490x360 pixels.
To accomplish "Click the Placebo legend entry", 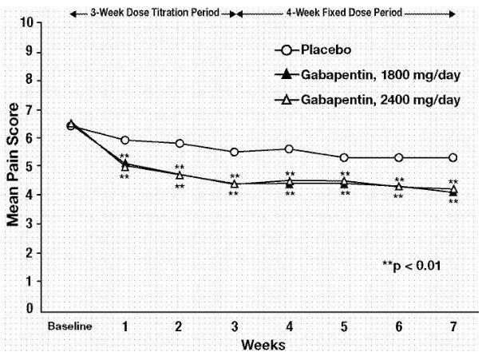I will click(324, 50).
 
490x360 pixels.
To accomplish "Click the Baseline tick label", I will click(70, 326).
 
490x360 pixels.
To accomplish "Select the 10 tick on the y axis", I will click(29, 22).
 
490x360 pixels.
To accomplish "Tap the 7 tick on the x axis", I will click(453, 326).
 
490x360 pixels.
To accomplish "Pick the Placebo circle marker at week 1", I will click(125, 140).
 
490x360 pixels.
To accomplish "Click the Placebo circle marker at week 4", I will click(290, 148).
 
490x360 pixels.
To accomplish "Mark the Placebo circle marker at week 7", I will click(453, 157).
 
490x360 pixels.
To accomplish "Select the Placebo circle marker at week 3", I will click(235, 152).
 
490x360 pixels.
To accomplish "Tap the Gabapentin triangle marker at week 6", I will click(399, 186).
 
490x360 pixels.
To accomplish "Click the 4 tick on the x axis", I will click(290, 326).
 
